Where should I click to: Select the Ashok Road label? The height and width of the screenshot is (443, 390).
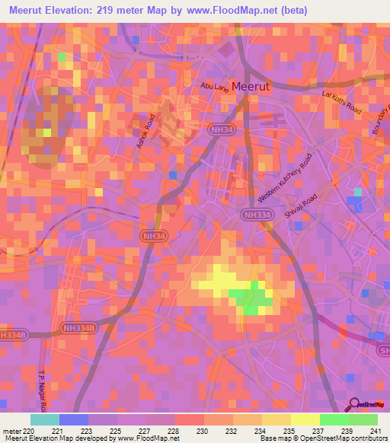(145, 132)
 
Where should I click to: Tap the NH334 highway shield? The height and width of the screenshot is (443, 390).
(257, 216)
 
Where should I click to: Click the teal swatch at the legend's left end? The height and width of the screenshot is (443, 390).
(45, 419)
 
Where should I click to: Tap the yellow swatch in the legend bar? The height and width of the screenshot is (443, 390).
(305, 419)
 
